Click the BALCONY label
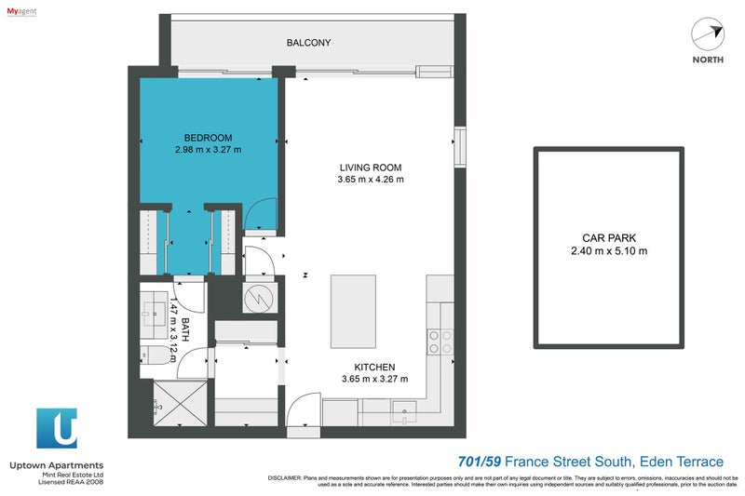[308, 43]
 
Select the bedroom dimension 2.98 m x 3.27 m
[208, 149]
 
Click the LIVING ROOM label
[371, 168]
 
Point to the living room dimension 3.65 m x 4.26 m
[371, 181]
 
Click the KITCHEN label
[374, 368]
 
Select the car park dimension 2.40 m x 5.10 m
[608, 250]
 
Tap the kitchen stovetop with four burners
[440, 342]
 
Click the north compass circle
[707, 35]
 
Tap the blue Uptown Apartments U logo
[57, 429]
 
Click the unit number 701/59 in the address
[483, 462]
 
